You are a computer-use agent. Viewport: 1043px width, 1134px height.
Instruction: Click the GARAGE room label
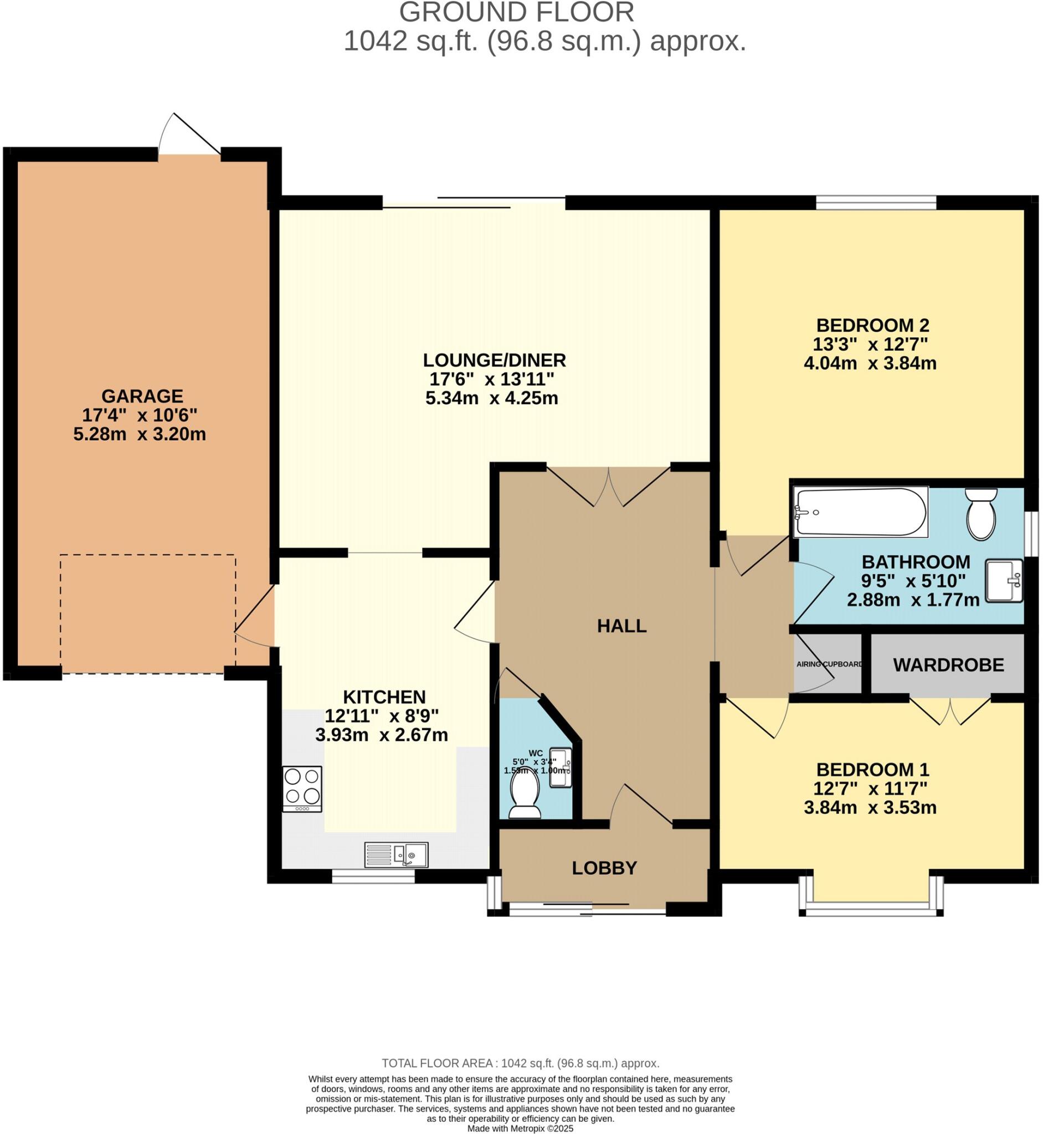[142, 396]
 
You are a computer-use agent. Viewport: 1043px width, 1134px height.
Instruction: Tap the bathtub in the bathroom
[860, 512]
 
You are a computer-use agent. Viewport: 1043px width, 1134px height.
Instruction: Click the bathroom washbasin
[1004, 580]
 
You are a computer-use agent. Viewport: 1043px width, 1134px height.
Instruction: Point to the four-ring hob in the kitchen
[302, 788]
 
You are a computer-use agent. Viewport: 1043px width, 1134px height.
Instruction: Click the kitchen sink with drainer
[396, 855]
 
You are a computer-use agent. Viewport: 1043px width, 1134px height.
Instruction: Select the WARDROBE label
[948, 665]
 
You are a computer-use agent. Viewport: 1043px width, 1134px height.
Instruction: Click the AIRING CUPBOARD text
[829, 664]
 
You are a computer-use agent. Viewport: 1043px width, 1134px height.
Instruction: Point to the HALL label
[621, 626]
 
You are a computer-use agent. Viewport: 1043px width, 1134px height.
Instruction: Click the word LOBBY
[604, 868]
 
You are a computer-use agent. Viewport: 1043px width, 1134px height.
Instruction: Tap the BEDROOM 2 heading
[872, 325]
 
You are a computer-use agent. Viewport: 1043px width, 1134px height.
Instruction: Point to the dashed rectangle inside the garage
[148, 614]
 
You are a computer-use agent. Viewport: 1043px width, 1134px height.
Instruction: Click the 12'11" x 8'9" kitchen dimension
[382, 716]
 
